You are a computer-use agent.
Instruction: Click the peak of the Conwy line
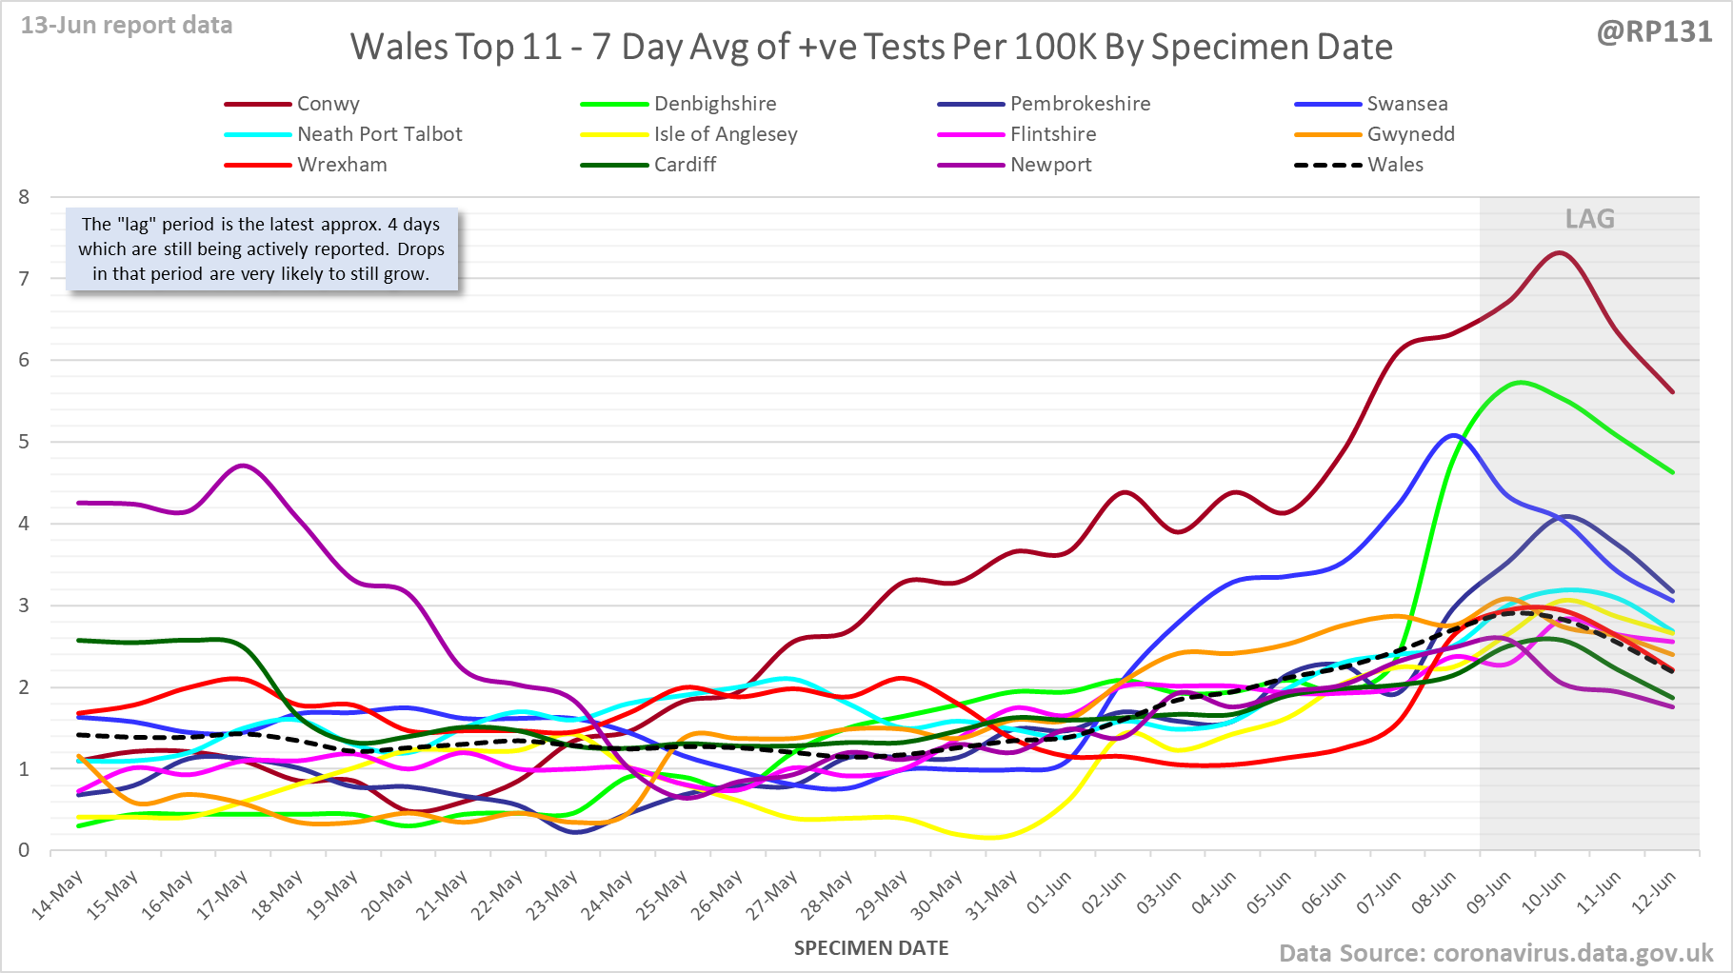1560,253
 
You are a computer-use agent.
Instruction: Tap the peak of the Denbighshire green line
1521,383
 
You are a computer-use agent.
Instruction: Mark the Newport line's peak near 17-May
244,466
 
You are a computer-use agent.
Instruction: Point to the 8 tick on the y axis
24,197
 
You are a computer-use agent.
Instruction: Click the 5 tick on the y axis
24,442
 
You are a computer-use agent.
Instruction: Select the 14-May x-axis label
57,896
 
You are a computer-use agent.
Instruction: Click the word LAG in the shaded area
1589,219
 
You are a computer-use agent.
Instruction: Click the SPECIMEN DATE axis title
870,948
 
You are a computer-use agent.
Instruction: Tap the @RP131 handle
1654,32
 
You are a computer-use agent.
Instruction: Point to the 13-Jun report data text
127,26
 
